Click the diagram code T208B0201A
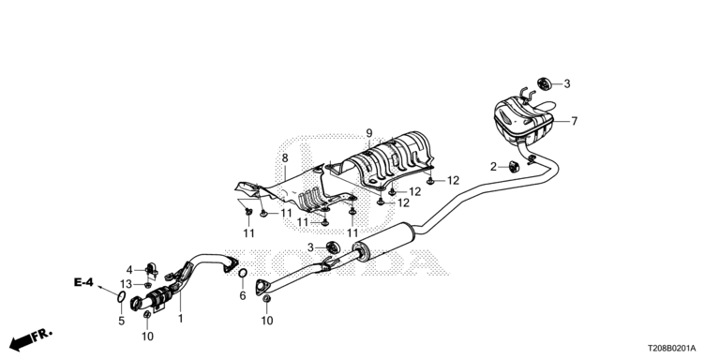(x=672, y=349)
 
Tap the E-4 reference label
(x=83, y=282)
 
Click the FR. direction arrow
(x=31, y=339)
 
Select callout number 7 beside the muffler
(x=574, y=121)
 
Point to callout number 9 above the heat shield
(x=369, y=134)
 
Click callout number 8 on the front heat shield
(x=285, y=158)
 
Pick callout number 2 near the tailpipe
(x=494, y=167)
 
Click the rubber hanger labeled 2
(x=513, y=166)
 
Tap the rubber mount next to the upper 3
(x=544, y=84)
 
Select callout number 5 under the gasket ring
(x=121, y=321)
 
